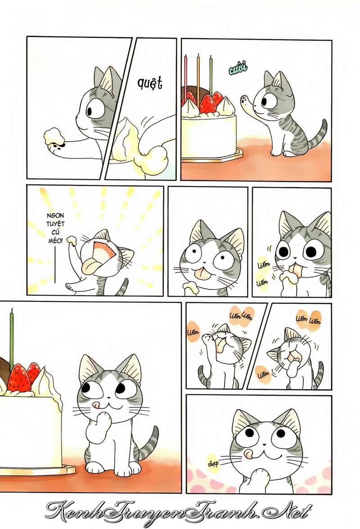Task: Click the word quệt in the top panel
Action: (149, 83)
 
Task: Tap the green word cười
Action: (238, 68)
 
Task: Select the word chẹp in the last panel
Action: (213, 464)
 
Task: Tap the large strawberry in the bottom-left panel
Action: (18, 378)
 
